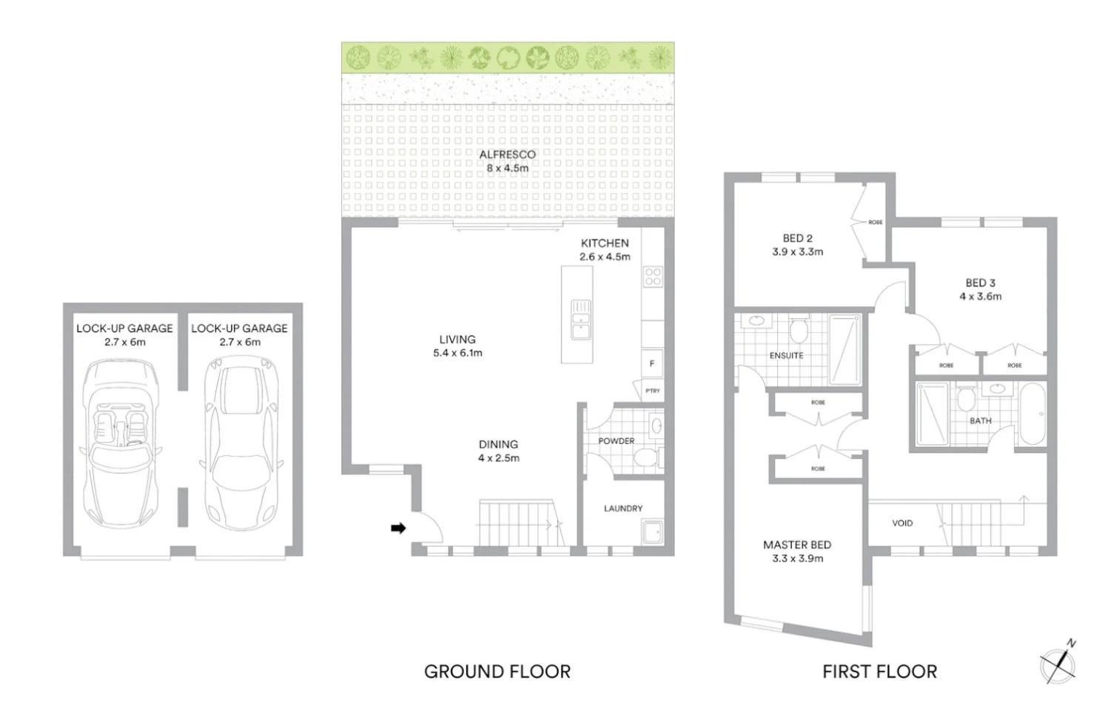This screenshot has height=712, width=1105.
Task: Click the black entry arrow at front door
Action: [x=398, y=528]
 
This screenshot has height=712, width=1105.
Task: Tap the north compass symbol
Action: [x=1058, y=662]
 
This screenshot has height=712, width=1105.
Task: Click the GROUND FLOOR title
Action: [x=497, y=671]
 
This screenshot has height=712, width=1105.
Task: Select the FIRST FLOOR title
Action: [x=879, y=671]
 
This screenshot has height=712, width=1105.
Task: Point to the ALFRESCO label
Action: [x=507, y=155]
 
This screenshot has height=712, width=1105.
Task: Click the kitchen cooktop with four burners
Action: [x=653, y=277]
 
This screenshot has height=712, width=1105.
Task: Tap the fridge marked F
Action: [x=652, y=363]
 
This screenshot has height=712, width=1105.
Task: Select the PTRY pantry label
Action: [x=652, y=391]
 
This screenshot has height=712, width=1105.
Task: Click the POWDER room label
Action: [x=616, y=441]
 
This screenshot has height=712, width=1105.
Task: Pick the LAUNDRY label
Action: [x=622, y=508]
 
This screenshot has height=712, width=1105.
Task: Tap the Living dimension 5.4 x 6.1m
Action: [x=457, y=353]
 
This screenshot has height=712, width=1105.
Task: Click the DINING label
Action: [x=498, y=444]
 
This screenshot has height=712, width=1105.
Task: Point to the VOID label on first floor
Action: [x=902, y=523]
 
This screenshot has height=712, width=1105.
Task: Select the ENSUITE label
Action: [x=786, y=356]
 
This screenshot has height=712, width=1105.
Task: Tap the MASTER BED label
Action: [x=797, y=545]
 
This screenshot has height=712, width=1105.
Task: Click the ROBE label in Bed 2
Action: [x=876, y=222]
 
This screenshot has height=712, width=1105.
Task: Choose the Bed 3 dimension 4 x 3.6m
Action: [x=980, y=296]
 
